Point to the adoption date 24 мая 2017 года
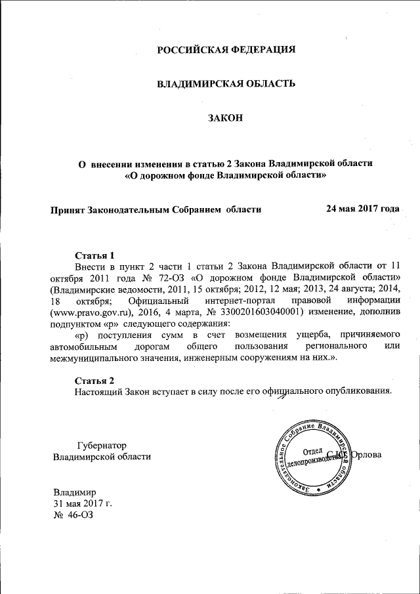362,209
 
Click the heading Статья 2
94,381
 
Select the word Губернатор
102,444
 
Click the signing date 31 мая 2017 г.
83,503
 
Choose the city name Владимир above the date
75,491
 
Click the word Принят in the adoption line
69,209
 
